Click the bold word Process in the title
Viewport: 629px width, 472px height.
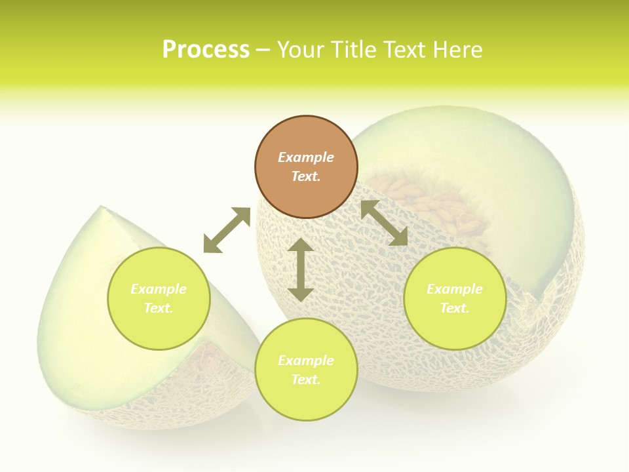[x=206, y=50]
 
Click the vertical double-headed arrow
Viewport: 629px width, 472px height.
[x=301, y=269]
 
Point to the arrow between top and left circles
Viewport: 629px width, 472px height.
[x=227, y=230]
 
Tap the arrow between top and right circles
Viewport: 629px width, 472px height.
[x=385, y=223]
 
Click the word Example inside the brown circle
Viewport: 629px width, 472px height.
[x=306, y=157]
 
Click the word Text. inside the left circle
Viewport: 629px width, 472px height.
[x=159, y=308]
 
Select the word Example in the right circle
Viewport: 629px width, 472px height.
[x=455, y=289]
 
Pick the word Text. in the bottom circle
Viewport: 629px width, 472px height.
[x=306, y=380]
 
